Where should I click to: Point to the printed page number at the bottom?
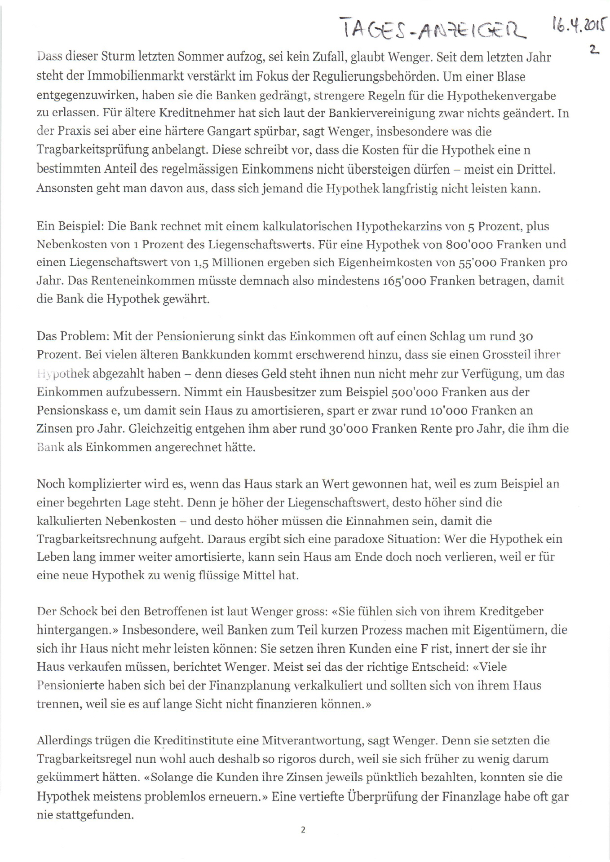pyautogui.click(x=303, y=830)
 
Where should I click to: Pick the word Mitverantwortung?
pyautogui.click(x=312, y=740)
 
